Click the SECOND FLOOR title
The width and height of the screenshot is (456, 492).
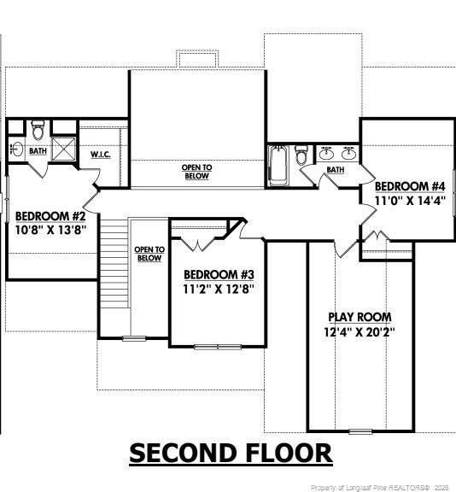231,453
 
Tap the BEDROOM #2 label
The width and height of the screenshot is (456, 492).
50,216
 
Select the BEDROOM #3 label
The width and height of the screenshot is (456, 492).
219,274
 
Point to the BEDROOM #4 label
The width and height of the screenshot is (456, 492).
410,186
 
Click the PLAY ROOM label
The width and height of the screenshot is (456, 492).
360,317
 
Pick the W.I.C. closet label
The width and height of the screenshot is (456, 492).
101,155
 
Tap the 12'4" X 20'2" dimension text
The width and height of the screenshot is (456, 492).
360,331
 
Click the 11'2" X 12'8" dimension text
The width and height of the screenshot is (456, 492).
219,289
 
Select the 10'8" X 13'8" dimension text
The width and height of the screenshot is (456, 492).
50,230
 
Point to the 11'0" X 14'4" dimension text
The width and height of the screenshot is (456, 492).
410,200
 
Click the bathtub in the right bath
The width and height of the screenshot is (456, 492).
278,165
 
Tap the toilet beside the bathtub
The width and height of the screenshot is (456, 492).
301,155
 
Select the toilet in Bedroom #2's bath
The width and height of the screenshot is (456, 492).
38,130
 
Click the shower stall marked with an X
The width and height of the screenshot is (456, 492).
64,149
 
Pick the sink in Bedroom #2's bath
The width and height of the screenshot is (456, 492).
16,149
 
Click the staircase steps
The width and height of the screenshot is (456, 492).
114,264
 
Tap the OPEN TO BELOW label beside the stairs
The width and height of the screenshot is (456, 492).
149,254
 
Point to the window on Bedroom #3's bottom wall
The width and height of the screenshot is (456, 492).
218,347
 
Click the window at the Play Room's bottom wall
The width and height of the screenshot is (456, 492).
360,431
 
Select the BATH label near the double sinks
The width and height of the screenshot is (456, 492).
336,170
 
